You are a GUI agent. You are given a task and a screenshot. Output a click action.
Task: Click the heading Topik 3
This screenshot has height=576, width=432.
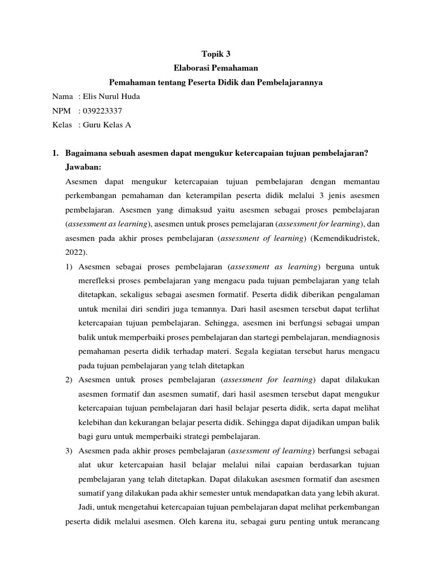pyautogui.click(x=215, y=55)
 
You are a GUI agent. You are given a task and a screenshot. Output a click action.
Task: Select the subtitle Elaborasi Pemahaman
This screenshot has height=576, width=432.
pyautogui.click(x=215, y=69)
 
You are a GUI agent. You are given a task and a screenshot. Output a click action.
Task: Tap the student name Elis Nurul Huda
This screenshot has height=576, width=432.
pyautogui.click(x=112, y=96)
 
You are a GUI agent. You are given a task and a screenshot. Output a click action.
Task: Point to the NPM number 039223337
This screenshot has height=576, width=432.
pyautogui.click(x=102, y=110)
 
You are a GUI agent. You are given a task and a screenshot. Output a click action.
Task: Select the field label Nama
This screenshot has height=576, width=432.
pyautogui.click(x=62, y=96)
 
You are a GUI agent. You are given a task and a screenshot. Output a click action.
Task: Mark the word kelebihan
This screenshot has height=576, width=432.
pyautogui.click(x=96, y=422)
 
